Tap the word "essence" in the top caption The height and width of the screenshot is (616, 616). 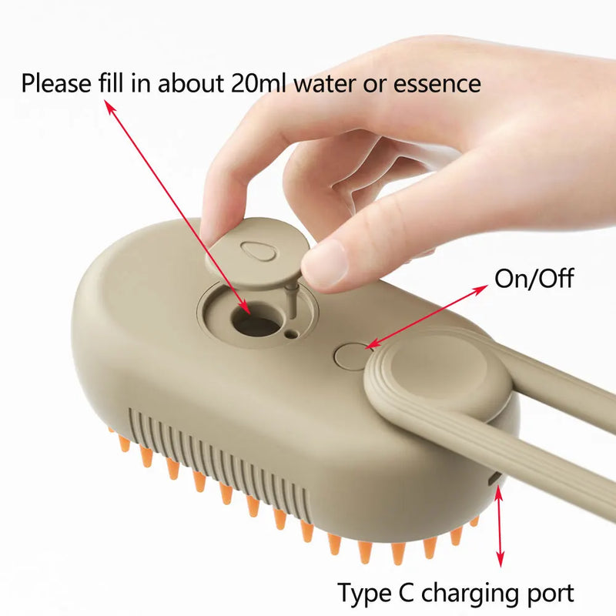click(437, 82)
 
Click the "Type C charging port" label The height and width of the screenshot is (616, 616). click(456, 593)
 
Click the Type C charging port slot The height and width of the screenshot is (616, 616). click(495, 480)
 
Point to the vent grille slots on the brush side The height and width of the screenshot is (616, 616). click(216, 462)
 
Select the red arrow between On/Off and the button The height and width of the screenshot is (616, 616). click(427, 316)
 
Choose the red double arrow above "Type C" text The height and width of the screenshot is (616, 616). click(500, 531)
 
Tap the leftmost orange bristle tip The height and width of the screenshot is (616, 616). click(123, 443)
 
